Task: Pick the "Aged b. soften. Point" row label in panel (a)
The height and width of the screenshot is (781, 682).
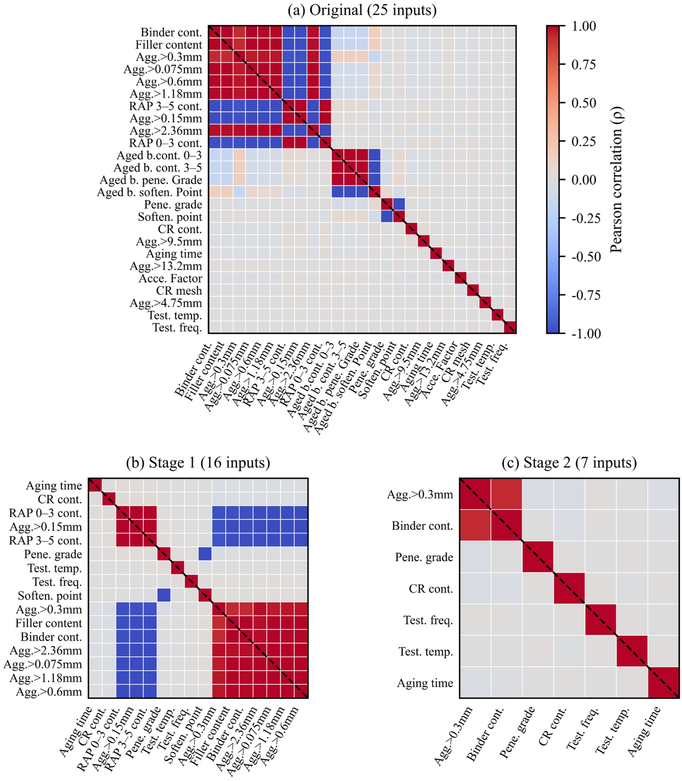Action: (x=149, y=192)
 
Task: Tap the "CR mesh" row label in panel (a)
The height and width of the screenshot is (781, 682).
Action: (x=179, y=291)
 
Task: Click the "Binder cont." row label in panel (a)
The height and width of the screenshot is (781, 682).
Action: (x=171, y=32)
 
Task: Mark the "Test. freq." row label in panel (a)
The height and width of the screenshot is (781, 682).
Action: (x=177, y=327)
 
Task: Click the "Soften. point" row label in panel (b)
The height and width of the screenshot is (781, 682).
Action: (x=50, y=595)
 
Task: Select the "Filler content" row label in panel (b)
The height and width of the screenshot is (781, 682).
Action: (x=49, y=623)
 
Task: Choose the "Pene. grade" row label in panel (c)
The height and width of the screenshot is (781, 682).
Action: (x=424, y=557)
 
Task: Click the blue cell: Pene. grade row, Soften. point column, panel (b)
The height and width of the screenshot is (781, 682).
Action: (x=205, y=554)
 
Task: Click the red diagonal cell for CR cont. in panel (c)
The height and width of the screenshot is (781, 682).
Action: (x=569, y=588)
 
